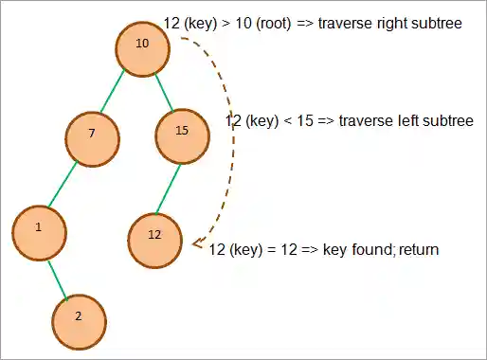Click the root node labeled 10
click(143, 45)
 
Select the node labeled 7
click(92, 135)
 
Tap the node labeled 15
click(182, 133)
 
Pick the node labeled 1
click(39, 228)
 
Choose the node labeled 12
click(154, 236)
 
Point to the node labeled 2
click(79, 315)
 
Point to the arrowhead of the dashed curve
click(196, 245)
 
